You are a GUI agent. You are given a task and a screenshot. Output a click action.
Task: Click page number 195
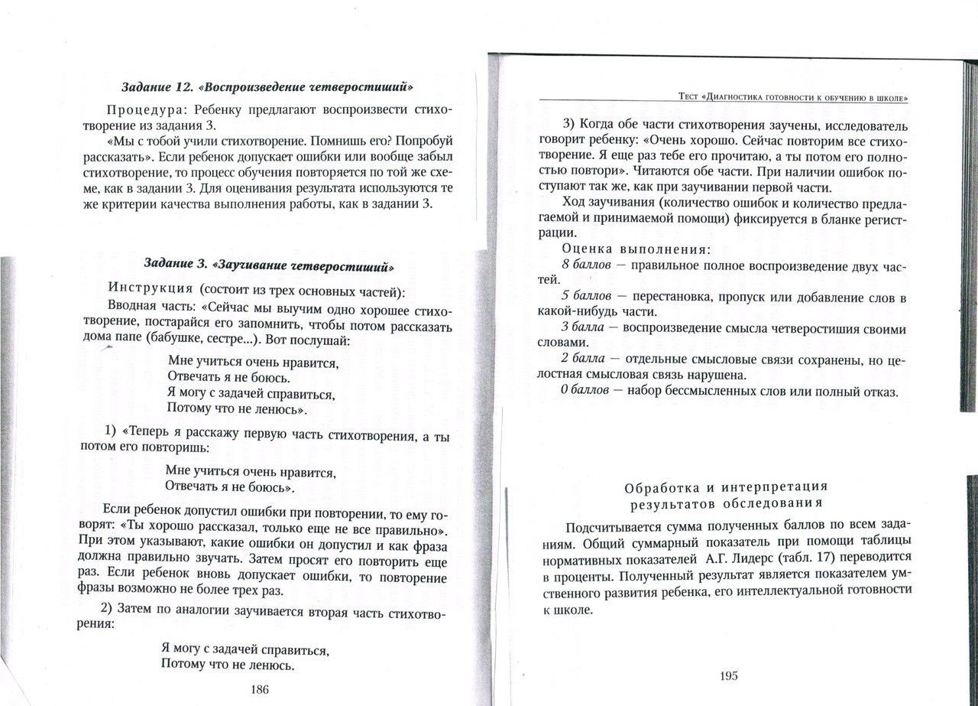click(728, 675)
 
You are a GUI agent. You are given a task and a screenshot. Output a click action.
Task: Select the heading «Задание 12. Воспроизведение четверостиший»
click(268, 85)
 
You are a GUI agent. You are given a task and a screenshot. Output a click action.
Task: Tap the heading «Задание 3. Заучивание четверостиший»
click(269, 266)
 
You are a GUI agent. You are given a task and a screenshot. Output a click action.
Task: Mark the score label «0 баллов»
click(585, 391)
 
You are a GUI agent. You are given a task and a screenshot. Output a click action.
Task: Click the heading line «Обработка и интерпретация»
click(726, 487)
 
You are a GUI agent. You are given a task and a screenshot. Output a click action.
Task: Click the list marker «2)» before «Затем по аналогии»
click(107, 608)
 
